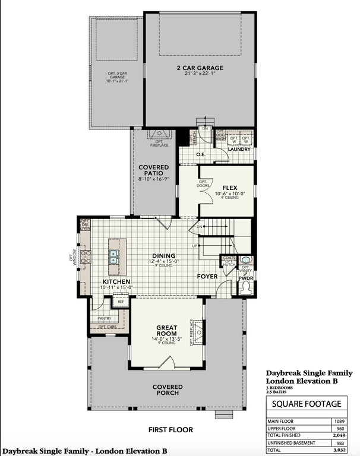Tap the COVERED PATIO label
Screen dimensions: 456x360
(154, 170)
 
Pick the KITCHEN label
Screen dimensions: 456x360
(116, 281)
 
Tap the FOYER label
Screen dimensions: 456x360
(208, 276)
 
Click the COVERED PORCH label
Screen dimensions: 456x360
(168, 391)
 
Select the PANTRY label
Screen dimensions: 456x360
(104, 318)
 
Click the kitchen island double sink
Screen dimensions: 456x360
(113, 256)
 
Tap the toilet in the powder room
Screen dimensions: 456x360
(246, 287)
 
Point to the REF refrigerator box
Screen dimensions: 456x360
(121, 301)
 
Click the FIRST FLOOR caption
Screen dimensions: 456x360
(172, 429)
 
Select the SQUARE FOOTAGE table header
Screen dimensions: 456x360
(307, 404)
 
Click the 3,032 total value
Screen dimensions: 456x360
(339, 449)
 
